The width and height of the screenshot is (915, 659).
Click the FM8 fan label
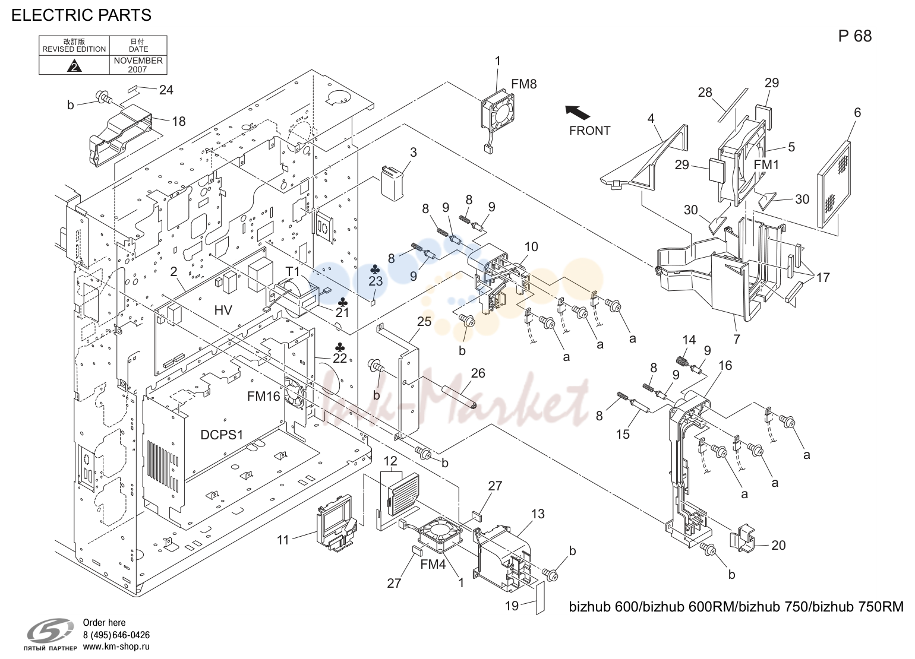(523, 84)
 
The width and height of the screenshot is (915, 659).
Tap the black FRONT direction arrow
(578, 112)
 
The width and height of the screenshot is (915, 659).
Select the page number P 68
(855, 36)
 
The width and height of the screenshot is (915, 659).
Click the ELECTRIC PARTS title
(81, 15)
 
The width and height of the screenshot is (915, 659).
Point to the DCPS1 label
(222, 435)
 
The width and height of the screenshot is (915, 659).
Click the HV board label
(223, 310)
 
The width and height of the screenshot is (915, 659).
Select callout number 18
(179, 121)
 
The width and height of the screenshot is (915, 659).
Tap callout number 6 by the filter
(857, 112)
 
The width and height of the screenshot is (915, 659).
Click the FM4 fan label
(433, 565)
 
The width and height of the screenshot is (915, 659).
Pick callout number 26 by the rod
(478, 373)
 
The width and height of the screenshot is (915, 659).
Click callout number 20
(778, 545)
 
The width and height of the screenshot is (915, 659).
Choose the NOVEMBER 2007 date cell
(138, 65)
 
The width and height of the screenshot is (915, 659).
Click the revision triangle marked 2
(74, 66)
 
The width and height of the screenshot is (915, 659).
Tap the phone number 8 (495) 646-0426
(116, 635)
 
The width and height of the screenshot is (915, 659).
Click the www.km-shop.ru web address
(116, 647)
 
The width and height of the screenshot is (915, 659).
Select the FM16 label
(263, 396)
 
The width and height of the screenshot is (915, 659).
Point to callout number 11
(283, 540)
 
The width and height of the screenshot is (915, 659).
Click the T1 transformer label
(292, 272)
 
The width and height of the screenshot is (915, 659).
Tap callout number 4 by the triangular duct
(651, 118)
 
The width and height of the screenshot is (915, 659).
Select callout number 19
(512, 606)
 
